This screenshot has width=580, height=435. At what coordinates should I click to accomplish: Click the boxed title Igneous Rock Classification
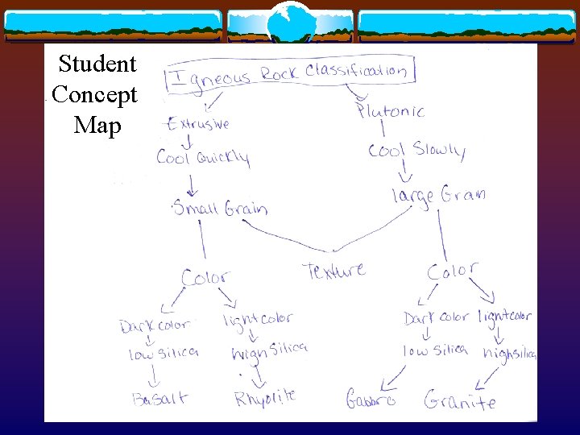click(x=291, y=73)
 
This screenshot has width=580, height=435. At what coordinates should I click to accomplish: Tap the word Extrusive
click(x=198, y=125)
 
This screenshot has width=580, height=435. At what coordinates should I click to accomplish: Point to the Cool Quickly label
click(x=203, y=156)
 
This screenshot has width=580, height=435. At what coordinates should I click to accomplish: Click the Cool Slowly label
click(x=416, y=151)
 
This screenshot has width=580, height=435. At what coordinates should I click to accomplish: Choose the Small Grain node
click(x=220, y=209)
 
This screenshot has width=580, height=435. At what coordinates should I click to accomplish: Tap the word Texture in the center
click(x=334, y=271)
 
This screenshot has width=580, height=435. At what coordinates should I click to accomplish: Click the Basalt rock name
click(x=161, y=398)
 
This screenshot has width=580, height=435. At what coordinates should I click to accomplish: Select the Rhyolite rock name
click(x=265, y=397)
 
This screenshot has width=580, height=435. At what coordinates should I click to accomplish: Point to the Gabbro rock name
click(x=371, y=399)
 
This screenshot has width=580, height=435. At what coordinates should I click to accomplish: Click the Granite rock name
click(x=460, y=400)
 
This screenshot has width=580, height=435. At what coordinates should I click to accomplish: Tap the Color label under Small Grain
click(x=205, y=278)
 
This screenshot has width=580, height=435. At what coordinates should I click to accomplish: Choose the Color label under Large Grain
click(x=452, y=271)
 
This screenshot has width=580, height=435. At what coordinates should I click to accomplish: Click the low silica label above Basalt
click(x=164, y=354)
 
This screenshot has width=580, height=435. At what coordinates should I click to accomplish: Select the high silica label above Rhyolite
click(x=268, y=351)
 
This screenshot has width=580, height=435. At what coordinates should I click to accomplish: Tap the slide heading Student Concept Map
click(x=94, y=94)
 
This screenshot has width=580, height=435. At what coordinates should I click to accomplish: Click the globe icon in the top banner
click(x=289, y=22)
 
